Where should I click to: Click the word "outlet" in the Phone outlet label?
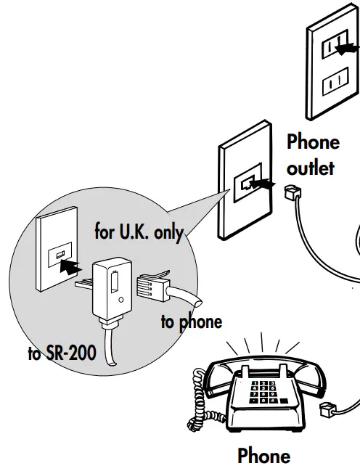pos(310,168)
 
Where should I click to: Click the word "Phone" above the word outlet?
pos(313,142)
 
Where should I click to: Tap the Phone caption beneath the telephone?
pos(263,456)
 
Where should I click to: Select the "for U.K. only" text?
pos(139,232)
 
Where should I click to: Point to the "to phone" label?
pos(191,321)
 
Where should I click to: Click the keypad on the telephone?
pos(262,392)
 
